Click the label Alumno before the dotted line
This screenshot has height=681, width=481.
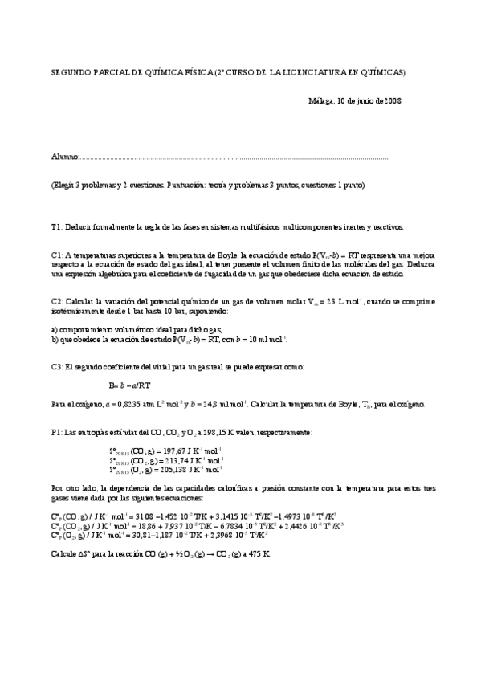click(66, 157)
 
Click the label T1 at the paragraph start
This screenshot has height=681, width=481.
click(55, 226)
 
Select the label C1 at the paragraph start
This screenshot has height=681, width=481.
click(55, 255)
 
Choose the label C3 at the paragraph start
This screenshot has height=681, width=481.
click(55, 367)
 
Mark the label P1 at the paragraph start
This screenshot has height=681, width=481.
click(55, 432)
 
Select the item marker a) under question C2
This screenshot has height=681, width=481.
click(54, 330)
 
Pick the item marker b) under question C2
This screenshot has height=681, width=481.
click(54, 339)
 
